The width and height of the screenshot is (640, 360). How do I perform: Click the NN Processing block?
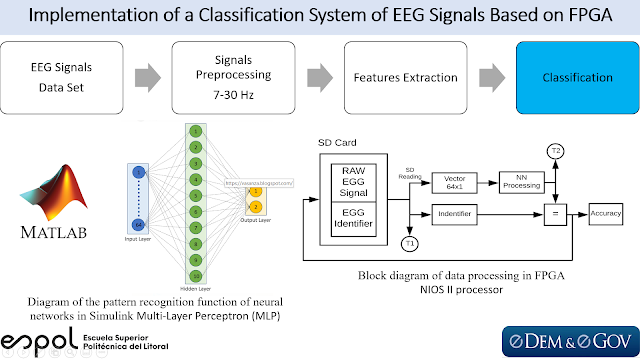coord(521,182)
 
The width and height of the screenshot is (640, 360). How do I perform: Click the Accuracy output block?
coord(608,212)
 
